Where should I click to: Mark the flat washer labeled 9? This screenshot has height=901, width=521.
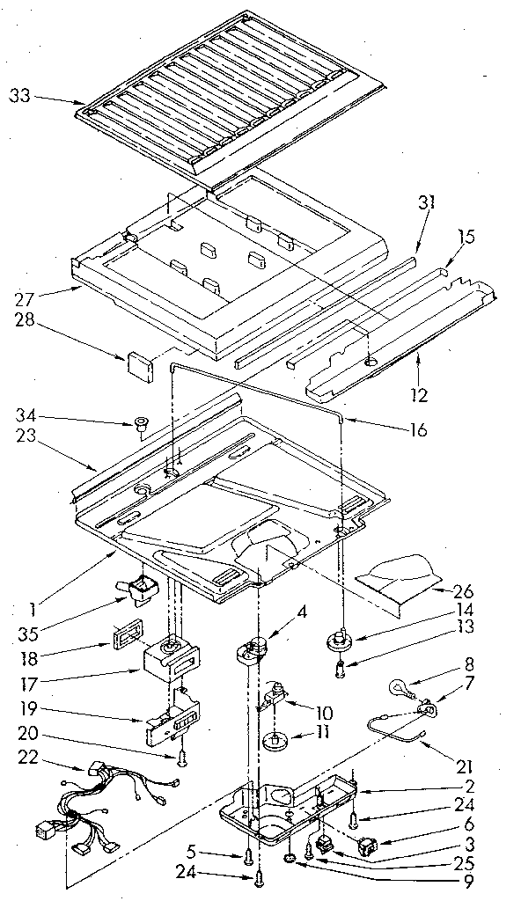pyautogui.click(x=291, y=858)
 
